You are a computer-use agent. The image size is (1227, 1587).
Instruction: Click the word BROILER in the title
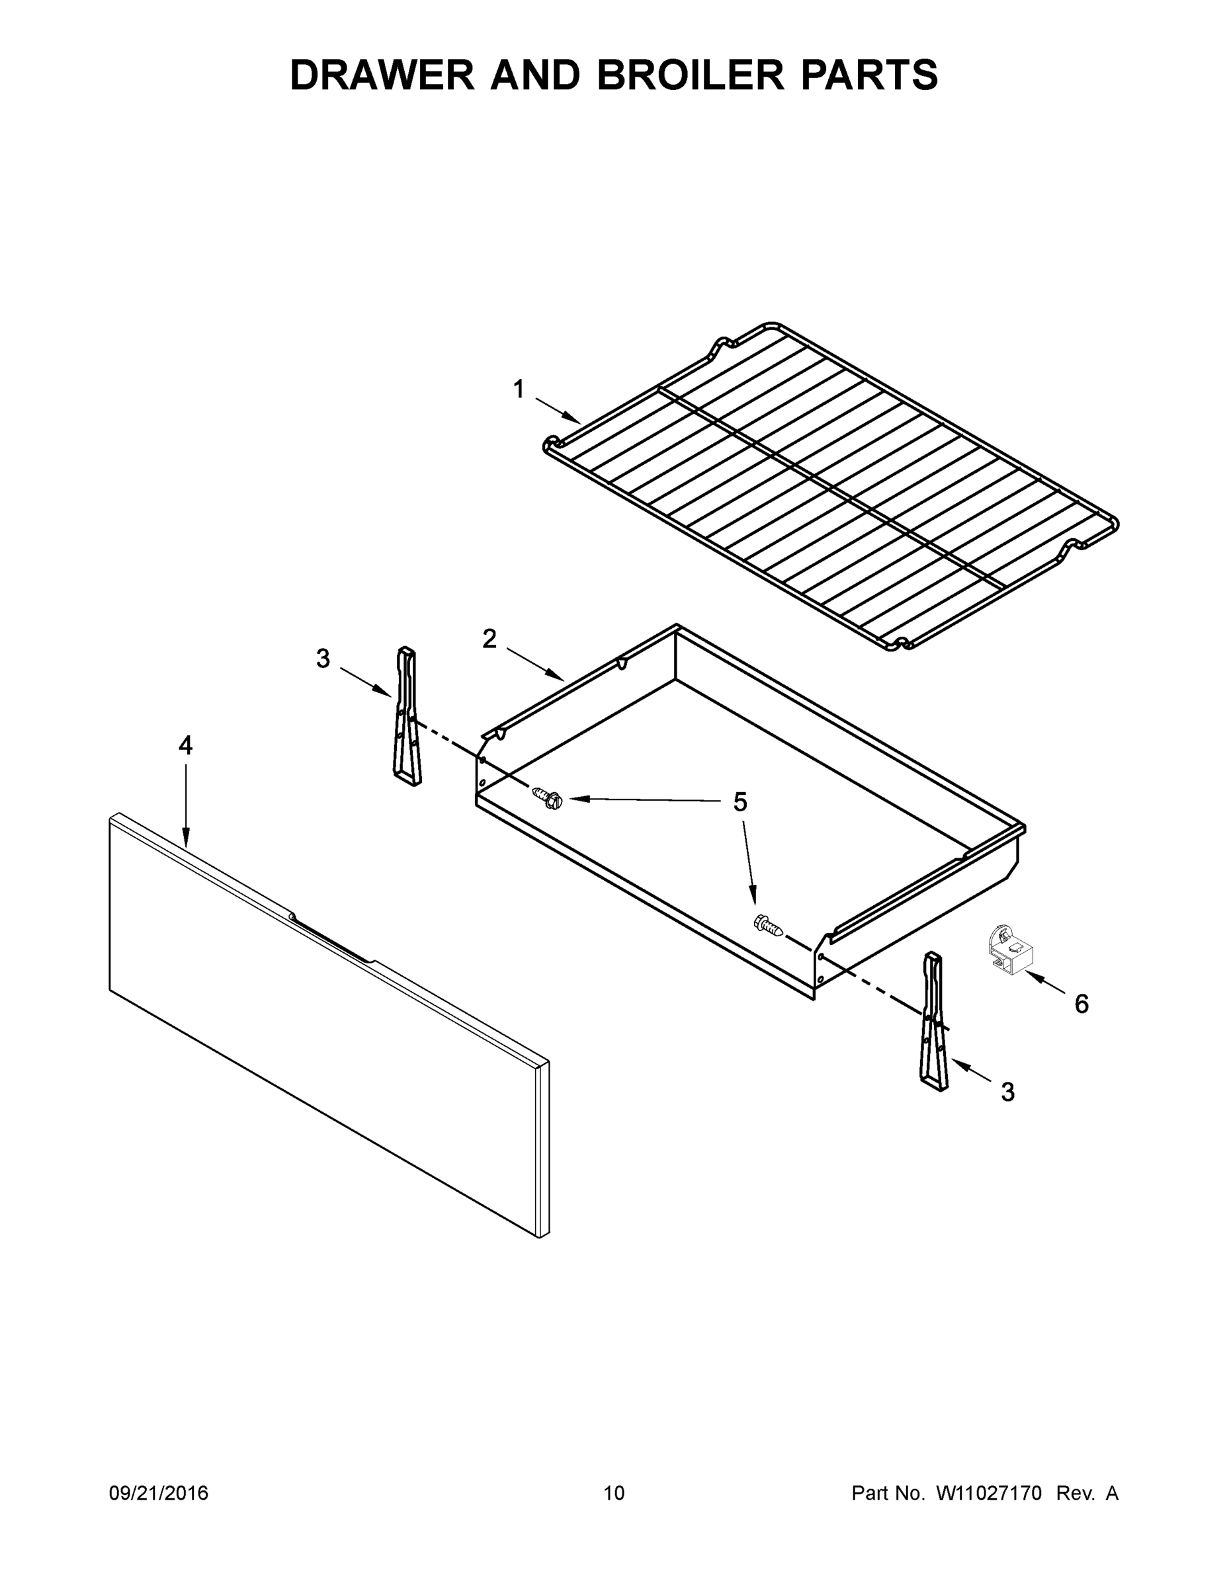(x=691, y=75)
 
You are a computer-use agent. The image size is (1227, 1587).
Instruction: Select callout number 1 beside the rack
(x=519, y=390)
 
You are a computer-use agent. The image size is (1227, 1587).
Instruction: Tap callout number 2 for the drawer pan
(x=489, y=639)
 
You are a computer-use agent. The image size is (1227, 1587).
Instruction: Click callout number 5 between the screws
(x=740, y=803)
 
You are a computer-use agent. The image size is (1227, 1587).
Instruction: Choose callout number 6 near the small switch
(x=1081, y=1004)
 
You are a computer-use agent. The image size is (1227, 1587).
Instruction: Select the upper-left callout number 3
(x=323, y=659)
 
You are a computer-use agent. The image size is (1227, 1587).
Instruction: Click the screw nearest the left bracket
(x=549, y=797)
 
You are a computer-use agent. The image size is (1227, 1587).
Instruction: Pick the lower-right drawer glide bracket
(x=935, y=1024)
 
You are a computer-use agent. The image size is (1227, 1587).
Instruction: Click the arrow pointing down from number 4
(x=186, y=807)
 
